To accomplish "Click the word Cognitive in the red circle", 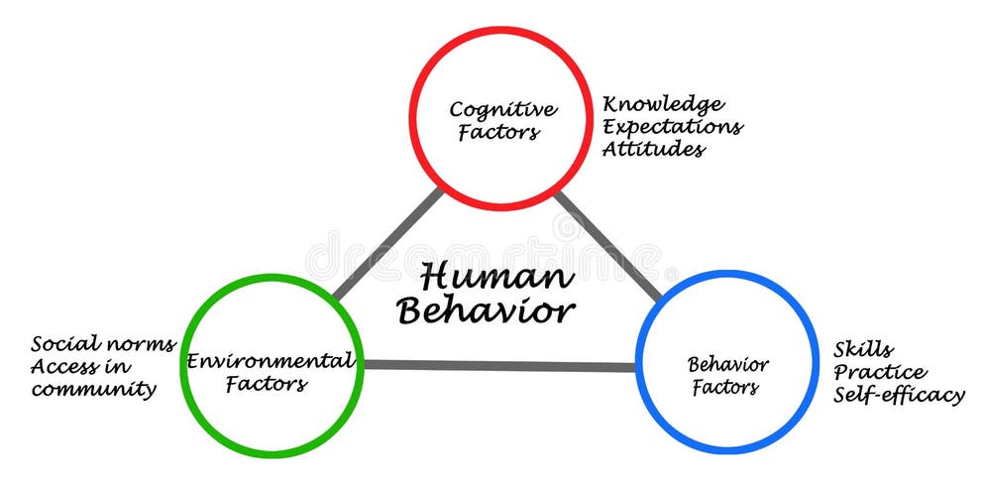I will click(x=502, y=109).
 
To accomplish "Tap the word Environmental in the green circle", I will click(x=271, y=361).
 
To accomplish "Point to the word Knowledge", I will click(x=663, y=104).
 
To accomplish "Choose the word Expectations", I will click(x=673, y=127).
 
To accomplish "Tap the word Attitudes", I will click(x=654, y=150).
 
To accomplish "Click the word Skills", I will click(x=863, y=350).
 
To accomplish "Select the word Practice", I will click(x=880, y=373).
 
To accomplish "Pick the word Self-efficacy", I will click(x=898, y=395).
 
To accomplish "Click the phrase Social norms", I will click(x=103, y=345).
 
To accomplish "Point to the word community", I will click(x=93, y=390).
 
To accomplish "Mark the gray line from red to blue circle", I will click(x=606, y=243).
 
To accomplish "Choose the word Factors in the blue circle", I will click(x=725, y=387).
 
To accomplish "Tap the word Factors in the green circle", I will click(x=266, y=384).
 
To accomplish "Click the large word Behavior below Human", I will click(x=486, y=311).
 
